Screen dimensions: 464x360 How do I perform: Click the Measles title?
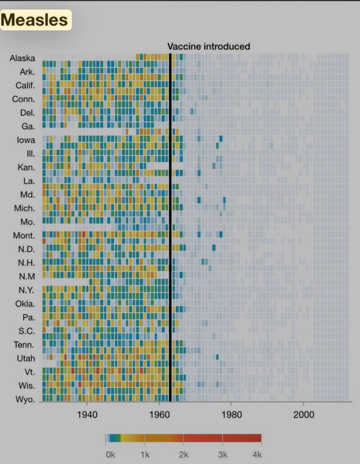click(36, 20)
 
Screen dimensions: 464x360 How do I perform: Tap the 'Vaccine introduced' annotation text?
click(208, 46)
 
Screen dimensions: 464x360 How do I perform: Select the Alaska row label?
click(22, 58)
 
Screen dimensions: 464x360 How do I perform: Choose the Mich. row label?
click(24, 208)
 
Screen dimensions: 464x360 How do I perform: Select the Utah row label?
click(26, 358)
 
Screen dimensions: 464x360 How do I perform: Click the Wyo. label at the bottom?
click(25, 399)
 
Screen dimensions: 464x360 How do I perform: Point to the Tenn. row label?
click(24, 345)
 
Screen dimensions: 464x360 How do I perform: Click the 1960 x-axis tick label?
click(159, 415)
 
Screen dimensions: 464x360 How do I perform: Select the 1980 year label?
click(231, 415)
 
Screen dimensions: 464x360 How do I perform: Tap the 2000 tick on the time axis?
click(304, 415)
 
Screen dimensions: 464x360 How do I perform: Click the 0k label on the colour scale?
click(110, 455)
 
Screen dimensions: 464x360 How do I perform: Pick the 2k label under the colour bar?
click(184, 455)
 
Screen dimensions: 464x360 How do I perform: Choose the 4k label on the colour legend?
click(258, 455)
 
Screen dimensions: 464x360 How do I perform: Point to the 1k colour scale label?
click(145, 455)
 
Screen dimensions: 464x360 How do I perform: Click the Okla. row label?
click(25, 304)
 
